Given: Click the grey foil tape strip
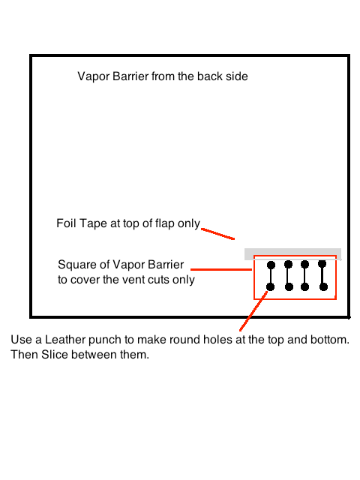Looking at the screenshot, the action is click(x=292, y=254).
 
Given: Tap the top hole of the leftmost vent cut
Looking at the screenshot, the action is click(x=271, y=265).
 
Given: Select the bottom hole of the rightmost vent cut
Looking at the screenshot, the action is click(x=323, y=286).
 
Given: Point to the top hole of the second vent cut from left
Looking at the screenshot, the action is click(x=288, y=264).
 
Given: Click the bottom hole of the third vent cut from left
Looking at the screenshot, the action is click(x=304, y=286).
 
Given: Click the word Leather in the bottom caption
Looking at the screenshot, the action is click(x=65, y=340).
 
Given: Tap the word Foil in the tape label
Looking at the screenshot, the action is click(x=66, y=223).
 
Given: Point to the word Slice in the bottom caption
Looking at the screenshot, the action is click(x=55, y=355).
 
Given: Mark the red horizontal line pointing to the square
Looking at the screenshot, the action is click(x=221, y=269).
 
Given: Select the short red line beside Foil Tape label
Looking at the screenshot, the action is click(x=218, y=234).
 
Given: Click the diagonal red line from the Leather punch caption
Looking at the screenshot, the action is click(x=253, y=311).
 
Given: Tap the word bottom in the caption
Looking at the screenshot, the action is click(x=329, y=340).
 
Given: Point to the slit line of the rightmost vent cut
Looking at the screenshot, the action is click(x=323, y=275).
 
